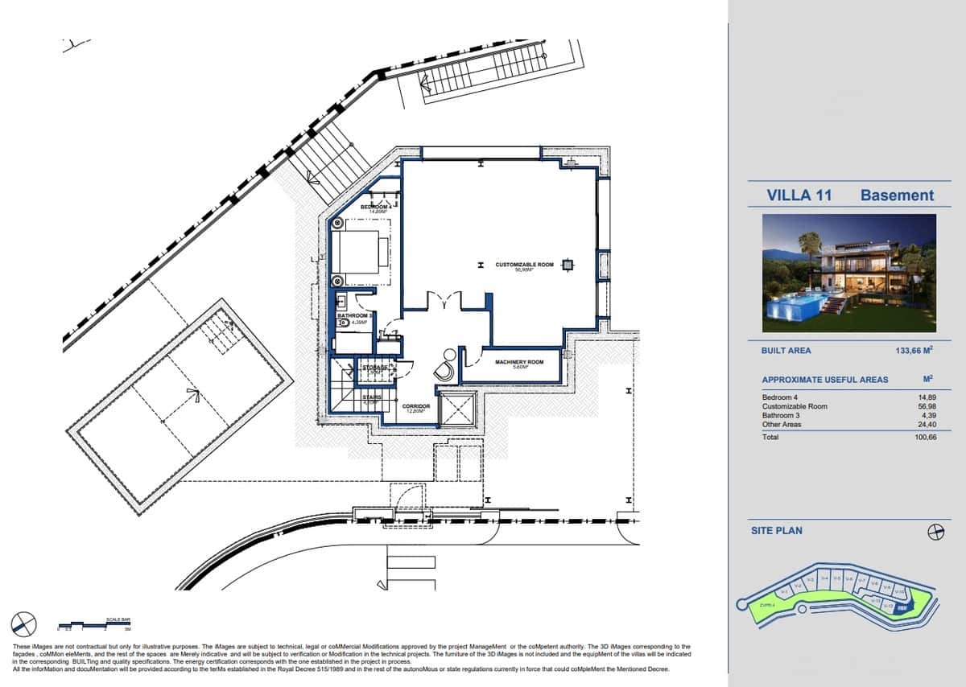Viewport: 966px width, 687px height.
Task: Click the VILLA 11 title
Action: [799, 195]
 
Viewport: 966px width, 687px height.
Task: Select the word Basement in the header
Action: [897, 195]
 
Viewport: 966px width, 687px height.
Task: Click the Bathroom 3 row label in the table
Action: [781, 415]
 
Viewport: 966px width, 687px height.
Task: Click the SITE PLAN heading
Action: [776, 530]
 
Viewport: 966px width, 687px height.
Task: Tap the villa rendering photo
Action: [849, 274]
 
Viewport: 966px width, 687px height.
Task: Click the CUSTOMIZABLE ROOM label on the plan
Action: [524, 265]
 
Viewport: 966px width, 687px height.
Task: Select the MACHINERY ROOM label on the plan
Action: [519, 363]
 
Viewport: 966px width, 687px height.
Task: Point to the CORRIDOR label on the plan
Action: [416, 407]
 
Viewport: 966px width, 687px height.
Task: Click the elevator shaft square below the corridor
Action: [457, 410]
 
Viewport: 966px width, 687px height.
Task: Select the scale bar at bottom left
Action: [95, 624]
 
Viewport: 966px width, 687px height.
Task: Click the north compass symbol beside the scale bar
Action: [23, 623]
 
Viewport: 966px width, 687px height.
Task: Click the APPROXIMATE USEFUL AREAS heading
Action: [825, 379]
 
